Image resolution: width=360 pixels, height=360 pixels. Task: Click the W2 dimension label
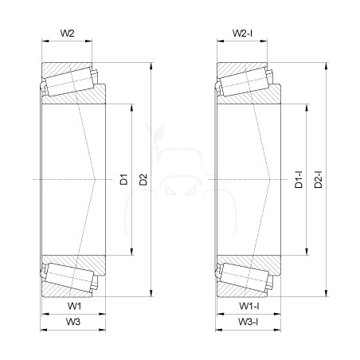point(68,33)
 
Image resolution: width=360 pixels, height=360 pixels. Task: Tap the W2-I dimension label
point(242,33)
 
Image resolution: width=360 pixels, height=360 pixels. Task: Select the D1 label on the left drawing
point(123,179)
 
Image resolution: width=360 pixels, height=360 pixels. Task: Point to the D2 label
point(143,179)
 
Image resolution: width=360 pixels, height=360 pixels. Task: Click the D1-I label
point(299,179)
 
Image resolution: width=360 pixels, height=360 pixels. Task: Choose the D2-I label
point(318,179)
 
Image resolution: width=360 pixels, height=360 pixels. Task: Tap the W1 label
point(74,306)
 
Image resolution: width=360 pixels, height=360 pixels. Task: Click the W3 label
point(73,322)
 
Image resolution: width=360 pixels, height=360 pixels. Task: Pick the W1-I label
point(249,306)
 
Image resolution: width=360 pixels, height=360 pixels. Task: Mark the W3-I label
point(248,322)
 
